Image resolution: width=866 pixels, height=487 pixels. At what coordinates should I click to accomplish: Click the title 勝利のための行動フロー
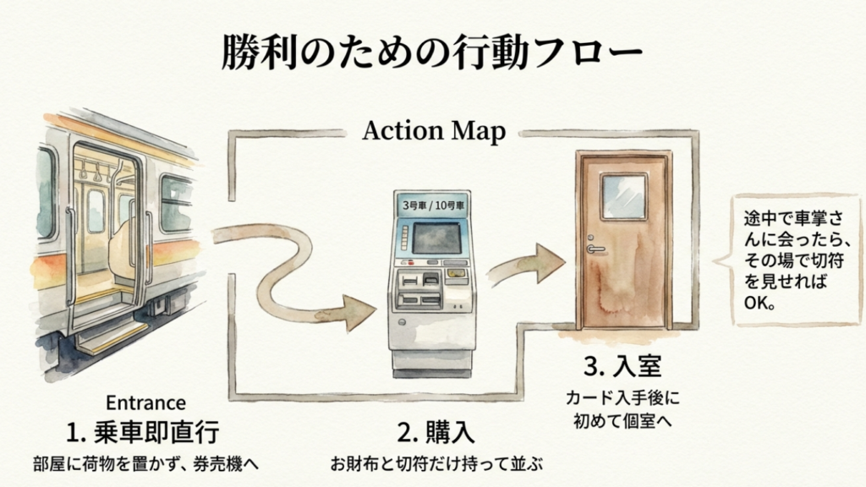pos(432,52)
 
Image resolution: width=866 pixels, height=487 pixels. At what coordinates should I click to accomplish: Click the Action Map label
pos(434,132)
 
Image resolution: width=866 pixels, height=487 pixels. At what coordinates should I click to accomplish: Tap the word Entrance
pos(145,402)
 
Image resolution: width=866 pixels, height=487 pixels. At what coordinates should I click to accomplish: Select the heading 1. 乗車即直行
pos(143,432)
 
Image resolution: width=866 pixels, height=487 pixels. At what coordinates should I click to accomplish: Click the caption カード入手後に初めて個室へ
pos(622,407)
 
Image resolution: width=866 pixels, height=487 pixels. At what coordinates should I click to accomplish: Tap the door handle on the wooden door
pos(595,248)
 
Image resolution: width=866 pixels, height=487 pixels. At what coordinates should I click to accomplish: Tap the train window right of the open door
pos(176,204)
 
